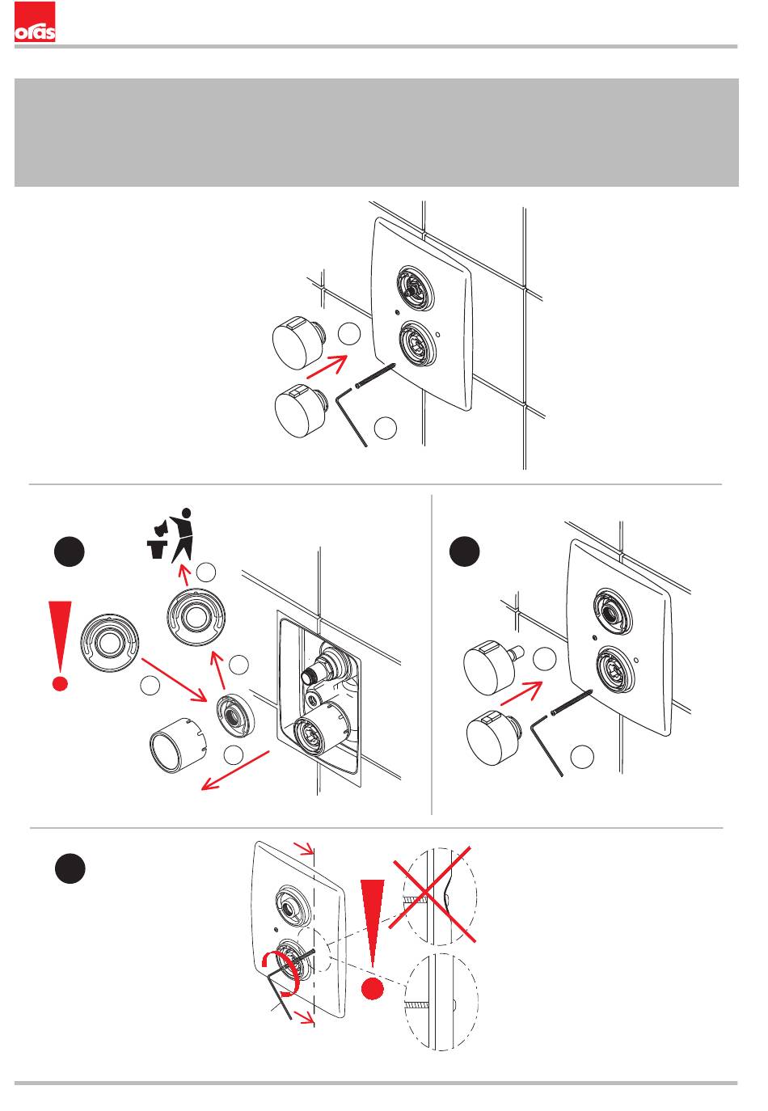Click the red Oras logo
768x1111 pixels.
click(x=35, y=22)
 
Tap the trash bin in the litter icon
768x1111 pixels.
click(x=156, y=549)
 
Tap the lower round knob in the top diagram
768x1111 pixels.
click(x=300, y=412)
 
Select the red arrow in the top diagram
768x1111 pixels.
click(x=327, y=367)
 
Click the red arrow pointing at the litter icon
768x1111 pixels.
click(x=184, y=574)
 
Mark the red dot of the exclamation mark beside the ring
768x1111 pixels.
click(x=60, y=683)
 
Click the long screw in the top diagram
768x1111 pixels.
click(x=375, y=376)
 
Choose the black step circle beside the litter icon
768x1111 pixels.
click(x=70, y=551)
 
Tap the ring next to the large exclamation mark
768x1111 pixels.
click(x=110, y=643)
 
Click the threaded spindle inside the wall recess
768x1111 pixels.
click(x=312, y=674)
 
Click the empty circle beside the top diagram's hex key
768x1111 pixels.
click(x=386, y=429)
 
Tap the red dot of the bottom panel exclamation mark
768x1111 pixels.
click(x=373, y=990)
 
